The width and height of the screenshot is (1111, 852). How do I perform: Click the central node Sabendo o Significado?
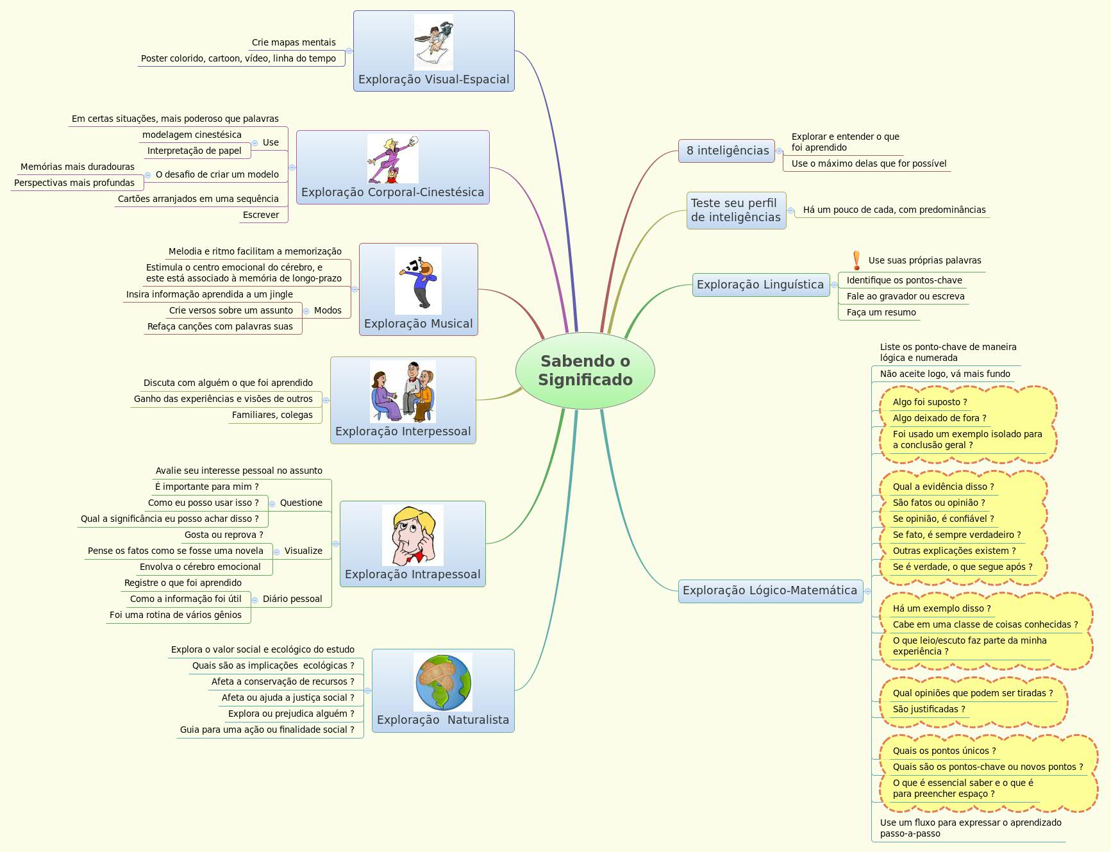pos(585,371)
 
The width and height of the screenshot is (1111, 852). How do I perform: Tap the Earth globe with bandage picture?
pos(443,682)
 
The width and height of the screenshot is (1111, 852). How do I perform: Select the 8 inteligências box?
pos(727,151)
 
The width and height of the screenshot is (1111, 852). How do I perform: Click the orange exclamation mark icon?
pos(856,260)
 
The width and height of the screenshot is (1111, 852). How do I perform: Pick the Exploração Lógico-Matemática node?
pos(769,590)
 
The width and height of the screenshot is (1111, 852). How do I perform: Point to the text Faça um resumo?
pos(881,312)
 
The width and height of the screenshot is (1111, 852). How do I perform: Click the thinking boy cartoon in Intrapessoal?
pos(412,535)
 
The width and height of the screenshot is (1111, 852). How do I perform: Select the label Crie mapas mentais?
pos(294,42)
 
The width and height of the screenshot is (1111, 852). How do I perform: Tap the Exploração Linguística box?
pos(760,285)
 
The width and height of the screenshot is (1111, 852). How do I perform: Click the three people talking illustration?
pos(403,391)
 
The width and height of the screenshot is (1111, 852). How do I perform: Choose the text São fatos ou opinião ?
pos(939,503)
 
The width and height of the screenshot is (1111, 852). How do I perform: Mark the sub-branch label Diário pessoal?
pos(292,599)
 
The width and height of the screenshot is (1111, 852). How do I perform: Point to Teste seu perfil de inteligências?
pos(736,210)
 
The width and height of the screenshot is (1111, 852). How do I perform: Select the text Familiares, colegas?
pos(272,415)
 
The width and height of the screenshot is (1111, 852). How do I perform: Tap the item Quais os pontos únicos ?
pos(944,751)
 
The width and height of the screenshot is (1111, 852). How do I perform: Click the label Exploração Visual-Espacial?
pos(433,79)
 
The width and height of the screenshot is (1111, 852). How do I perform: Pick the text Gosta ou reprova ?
pos(224,535)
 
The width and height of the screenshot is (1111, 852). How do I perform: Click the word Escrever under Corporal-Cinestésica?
pos(260,215)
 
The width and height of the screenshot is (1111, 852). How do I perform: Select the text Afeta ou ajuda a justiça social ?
pos(288,697)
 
